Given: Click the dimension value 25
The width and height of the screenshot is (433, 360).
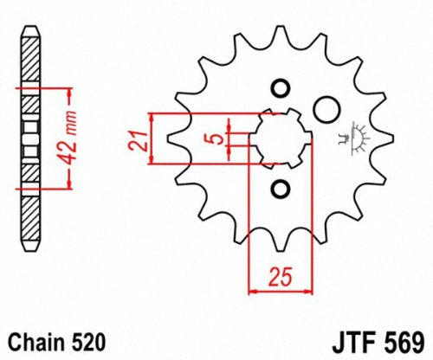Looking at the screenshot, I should coord(278,279).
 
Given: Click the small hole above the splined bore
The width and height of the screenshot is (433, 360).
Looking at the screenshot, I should coord(279,88).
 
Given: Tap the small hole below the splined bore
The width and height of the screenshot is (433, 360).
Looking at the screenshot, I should coord(279,188).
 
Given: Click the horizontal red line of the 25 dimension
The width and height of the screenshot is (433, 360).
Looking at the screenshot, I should coord(279,292).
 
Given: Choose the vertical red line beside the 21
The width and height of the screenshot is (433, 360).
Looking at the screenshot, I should coord(152,138).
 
